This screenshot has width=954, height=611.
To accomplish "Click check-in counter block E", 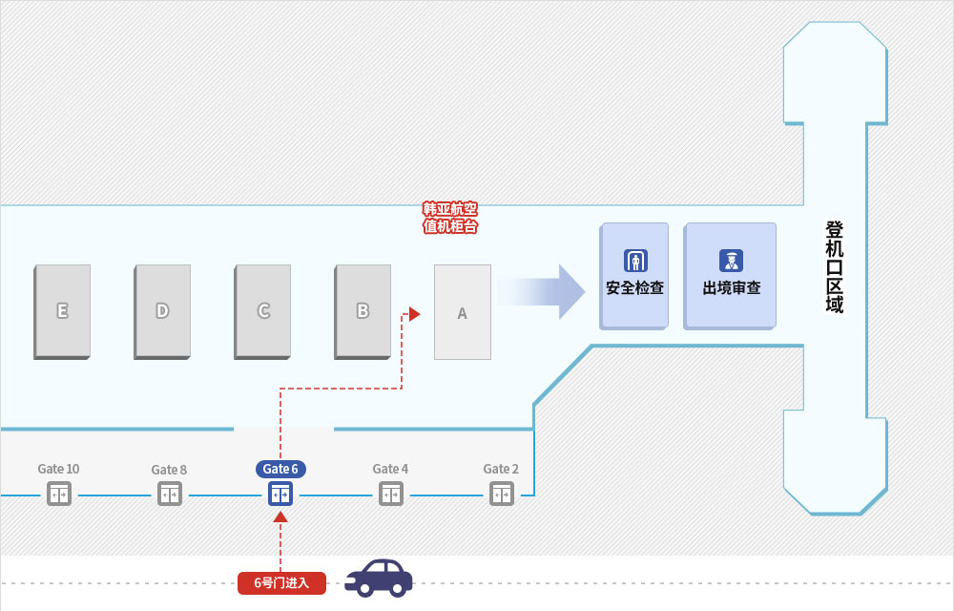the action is [62, 311].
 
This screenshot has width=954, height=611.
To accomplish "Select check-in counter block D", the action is [162, 311].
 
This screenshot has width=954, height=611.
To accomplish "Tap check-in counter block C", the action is [263, 311].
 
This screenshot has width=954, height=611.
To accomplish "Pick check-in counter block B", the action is [363, 311].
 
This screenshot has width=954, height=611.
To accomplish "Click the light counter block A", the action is [463, 312].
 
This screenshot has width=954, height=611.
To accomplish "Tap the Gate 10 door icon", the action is [59, 495].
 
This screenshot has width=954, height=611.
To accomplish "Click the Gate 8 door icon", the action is [170, 495].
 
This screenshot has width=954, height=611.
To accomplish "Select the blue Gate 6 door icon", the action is [280, 495].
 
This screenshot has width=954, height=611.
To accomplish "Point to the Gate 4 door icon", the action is [391, 495].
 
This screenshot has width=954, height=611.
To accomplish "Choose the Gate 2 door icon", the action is [502, 495].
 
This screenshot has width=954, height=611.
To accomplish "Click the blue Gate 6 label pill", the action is [280, 469].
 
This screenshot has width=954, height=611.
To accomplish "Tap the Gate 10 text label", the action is [58, 469].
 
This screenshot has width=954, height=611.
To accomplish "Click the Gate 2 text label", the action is [501, 469].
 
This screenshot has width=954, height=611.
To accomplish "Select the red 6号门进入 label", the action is [281, 583].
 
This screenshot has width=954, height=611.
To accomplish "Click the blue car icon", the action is [379, 579].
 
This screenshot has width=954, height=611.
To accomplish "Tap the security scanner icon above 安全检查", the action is [635, 261].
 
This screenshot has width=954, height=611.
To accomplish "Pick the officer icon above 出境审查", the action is [732, 261].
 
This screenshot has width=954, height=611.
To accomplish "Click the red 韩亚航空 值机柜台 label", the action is [450, 218].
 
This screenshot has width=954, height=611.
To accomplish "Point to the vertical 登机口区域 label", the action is [835, 267].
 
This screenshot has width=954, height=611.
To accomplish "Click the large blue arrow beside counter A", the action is [541, 292].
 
